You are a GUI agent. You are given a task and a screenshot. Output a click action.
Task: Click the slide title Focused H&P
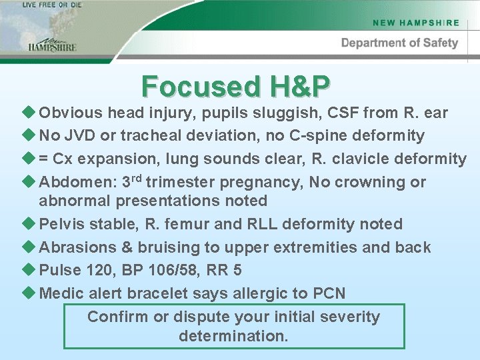pos(236,86)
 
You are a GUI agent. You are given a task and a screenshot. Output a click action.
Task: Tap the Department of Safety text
pos(399,43)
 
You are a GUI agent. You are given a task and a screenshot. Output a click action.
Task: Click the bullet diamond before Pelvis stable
pos(27,224)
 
